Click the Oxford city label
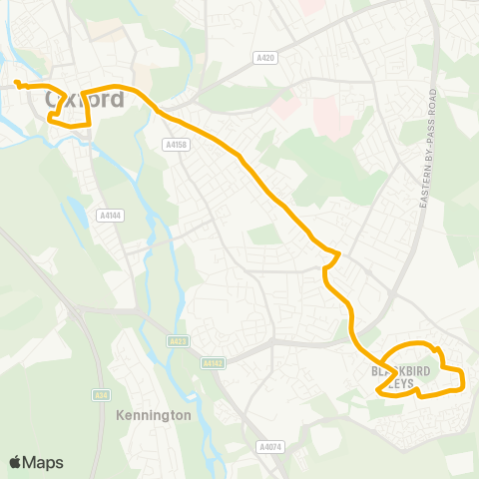[85, 100]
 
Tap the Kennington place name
[153, 415]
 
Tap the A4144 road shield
[109, 215]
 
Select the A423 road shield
[178, 341]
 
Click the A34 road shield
[102, 394]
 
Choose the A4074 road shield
[268, 446]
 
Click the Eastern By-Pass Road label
[427, 140]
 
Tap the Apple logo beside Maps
[16, 462]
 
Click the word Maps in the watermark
[44, 462]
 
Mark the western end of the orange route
[17, 81]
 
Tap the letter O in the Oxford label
[54, 100]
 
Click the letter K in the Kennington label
[120, 415]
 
